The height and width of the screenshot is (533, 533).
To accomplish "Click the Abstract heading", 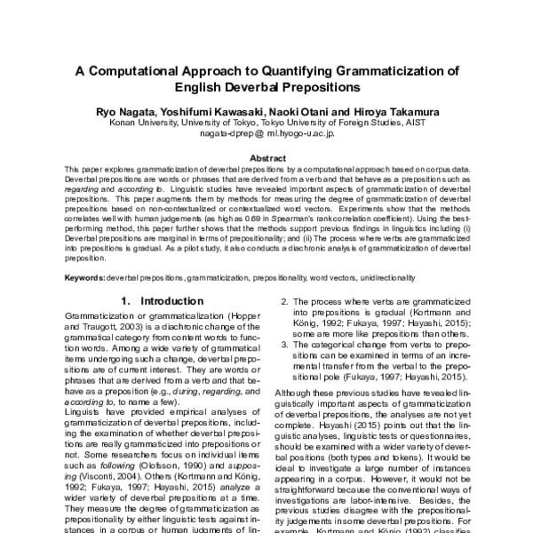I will [266, 157].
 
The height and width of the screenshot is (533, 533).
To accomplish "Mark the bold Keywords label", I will [85, 277].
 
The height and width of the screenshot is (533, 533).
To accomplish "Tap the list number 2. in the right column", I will [285, 302].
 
